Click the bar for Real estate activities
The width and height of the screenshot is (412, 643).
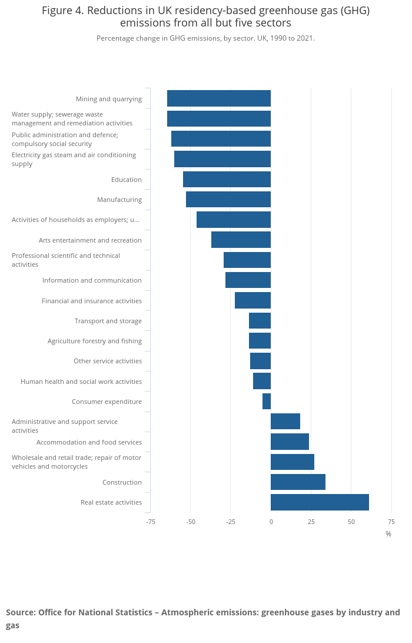coord(320,502)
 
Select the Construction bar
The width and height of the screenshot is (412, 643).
coord(298,482)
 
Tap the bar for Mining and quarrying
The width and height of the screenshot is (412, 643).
coord(219,99)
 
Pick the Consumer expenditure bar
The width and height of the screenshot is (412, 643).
coord(267,402)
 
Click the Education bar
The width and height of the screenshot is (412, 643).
coord(227,180)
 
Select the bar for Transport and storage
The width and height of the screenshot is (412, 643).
coord(260,321)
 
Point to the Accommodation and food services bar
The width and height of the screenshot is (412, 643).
coord(290,442)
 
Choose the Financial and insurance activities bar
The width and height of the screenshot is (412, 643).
coord(252,301)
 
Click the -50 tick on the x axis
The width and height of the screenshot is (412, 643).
coord(191,522)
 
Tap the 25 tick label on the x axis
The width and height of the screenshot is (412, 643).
coord(311,522)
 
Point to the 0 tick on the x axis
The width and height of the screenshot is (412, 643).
coord(271,522)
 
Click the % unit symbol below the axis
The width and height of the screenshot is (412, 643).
coord(388,534)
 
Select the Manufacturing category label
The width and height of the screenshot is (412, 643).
coord(119,200)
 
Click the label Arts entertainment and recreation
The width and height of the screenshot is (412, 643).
coord(90,240)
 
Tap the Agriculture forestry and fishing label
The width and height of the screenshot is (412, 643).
coord(95,341)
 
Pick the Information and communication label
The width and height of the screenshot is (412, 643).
coord(92,280)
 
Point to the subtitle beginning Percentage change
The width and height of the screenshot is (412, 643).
coord(205,38)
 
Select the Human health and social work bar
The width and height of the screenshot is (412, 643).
coord(262,382)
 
